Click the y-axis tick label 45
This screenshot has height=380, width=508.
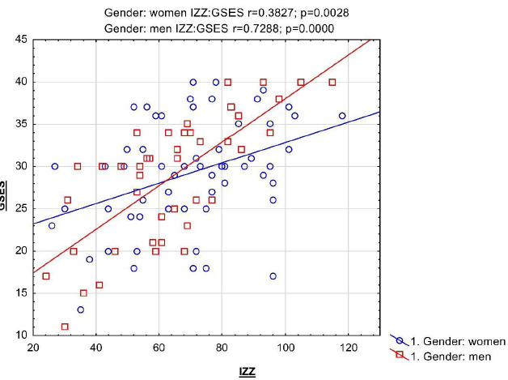point(17,40)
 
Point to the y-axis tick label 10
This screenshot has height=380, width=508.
point(17,335)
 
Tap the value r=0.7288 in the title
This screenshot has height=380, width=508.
point(252,28)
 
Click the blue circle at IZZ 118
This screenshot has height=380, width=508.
point(342,116)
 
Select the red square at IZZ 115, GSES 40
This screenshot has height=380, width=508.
point(332,82)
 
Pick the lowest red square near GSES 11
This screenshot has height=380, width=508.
point(65,327)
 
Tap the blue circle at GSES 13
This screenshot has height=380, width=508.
point(81,310)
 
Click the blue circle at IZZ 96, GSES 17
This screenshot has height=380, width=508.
point(273,276)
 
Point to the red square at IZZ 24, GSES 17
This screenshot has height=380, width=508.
point(46,276)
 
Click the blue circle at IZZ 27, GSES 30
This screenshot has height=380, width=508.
point(55,166)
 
